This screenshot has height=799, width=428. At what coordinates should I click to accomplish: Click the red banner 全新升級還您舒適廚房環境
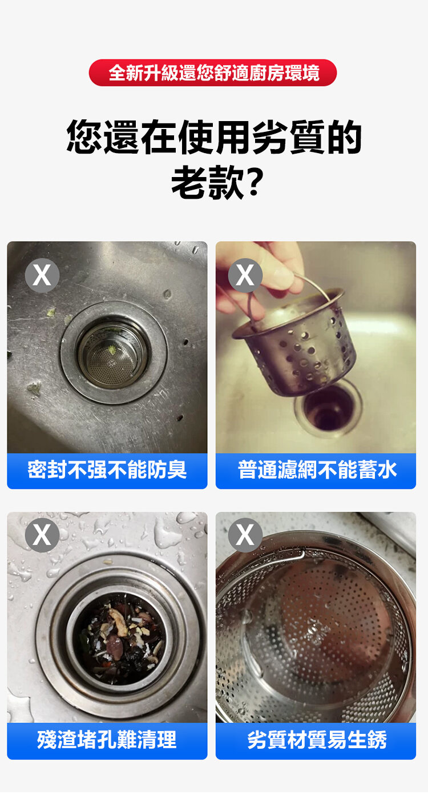point(213,73)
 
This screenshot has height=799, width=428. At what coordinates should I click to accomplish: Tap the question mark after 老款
point(255,182)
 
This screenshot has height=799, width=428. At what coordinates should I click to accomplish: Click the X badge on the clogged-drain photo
point(42,535)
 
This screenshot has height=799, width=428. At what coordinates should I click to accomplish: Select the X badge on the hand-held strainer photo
point(245,275)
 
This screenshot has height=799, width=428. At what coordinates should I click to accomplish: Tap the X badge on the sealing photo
point(42,275)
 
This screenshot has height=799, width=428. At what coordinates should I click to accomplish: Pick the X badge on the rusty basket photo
point(245,535)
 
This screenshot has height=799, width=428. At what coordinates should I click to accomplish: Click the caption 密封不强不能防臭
point(107,470)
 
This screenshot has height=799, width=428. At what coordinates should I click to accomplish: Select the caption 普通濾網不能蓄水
point(317,470)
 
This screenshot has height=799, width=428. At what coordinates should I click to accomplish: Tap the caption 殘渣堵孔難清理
point(107,740)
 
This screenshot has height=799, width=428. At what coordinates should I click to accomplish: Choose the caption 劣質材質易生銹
point(317,740)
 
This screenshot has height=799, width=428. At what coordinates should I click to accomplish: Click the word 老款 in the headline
point(208,182)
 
